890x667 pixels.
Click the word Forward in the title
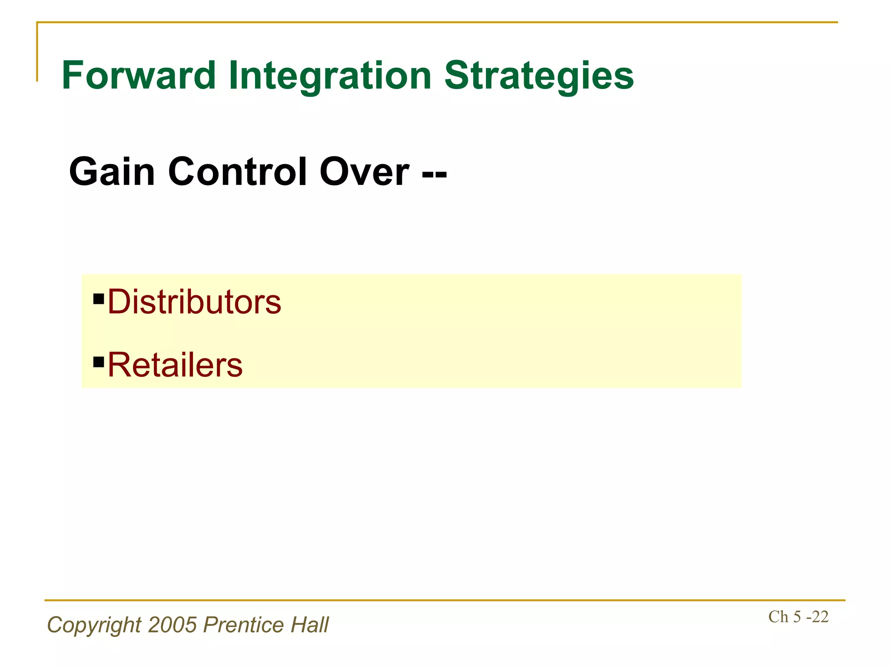pos(139,76)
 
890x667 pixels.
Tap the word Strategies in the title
pos(539,76)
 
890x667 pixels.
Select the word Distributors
pos(194,302)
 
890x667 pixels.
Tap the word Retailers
pos(175,365)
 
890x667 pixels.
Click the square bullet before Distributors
pos(99,299)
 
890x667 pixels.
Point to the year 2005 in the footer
pos(173,625)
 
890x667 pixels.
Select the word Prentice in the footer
pos(244,625)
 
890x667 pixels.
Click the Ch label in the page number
pos(778,617)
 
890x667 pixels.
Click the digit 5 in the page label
pos(797,617)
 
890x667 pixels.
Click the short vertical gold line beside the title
pos(37,52)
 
